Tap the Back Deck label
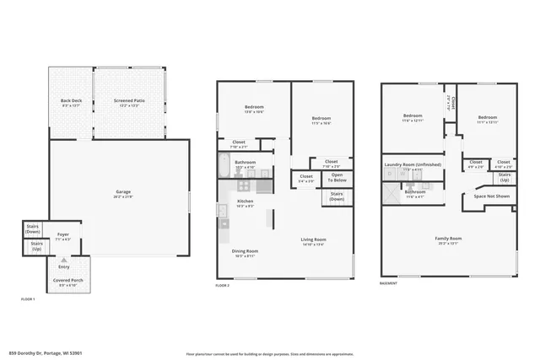(71, 100)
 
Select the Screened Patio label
(129, 100)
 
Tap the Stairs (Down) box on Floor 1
(34, 228)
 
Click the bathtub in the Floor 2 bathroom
(222, 166)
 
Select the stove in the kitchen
(223, 214)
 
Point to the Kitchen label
(245, 201)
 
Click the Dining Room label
(245, 250)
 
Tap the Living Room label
(314, 240)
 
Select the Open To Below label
(337, 178)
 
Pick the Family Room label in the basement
(448, 239)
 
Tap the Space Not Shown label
(491, 196)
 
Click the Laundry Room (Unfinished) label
(413, 164)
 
